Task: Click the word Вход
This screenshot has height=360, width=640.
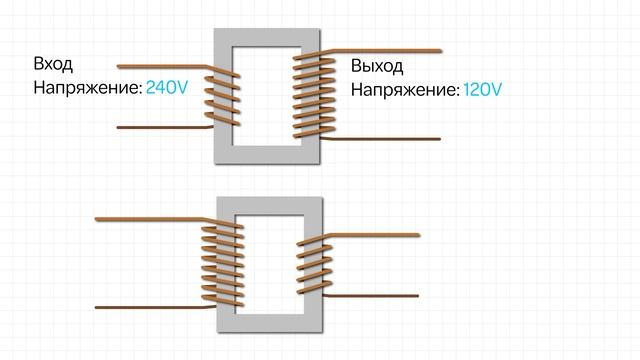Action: [54, 64]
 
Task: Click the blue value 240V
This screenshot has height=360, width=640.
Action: [167, 87]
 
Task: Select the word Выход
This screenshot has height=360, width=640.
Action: [377, 67]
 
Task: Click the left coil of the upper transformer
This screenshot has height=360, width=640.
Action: [223, 98]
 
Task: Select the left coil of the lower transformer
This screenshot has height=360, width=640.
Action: [222, 262]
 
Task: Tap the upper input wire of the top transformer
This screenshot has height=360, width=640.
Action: [160, 62]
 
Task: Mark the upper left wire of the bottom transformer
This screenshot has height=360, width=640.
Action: [150, 217]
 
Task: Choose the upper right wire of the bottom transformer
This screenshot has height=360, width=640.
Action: [380, 233]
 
